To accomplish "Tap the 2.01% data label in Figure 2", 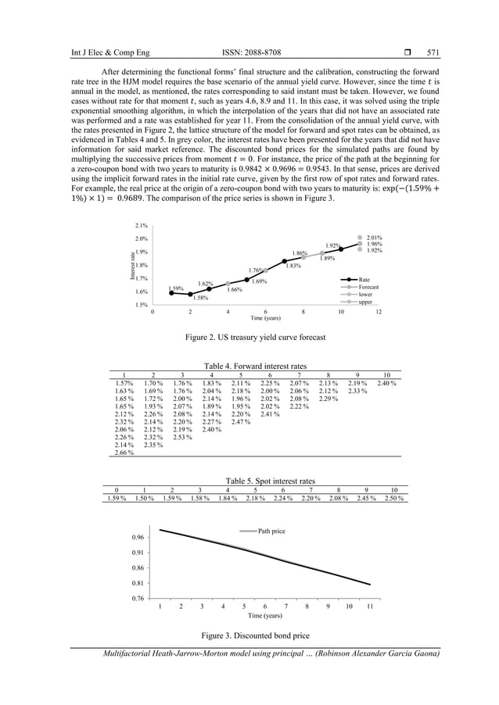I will (375, 237).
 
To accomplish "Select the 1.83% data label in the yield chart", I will (293, 266).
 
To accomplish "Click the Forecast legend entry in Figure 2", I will (368, 287).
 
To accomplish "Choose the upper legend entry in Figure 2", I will (365, 302).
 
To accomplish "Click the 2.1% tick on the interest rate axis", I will (142, 225).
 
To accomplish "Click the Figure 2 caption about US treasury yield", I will (254, 337).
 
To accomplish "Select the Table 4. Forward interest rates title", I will (255, 366).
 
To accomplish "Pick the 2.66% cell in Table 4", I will (123, 453).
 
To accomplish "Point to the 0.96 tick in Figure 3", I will (138, 538).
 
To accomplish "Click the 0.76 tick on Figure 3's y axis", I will (138, 599).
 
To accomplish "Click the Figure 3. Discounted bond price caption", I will (254, 635).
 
